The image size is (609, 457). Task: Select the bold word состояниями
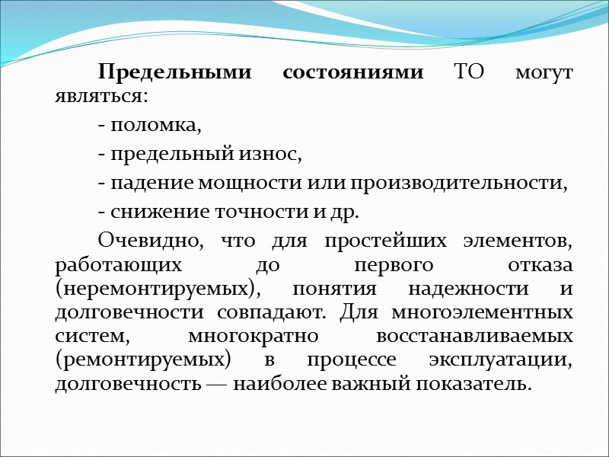point(353,73)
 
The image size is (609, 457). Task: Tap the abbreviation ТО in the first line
point(467,73)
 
